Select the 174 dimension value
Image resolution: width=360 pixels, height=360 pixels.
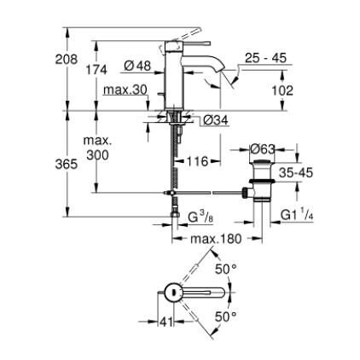[96, 71]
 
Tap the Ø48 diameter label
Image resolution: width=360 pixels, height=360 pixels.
[137, 65]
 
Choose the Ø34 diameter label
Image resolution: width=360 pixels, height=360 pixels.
[213, 120]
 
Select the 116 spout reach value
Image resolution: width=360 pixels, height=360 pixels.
[196, 160]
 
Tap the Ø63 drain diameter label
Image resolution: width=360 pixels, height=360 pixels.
[264, 151]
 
